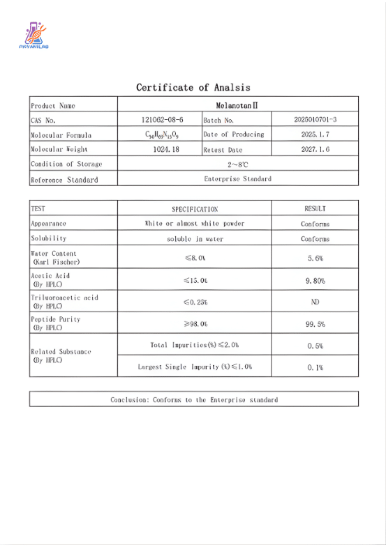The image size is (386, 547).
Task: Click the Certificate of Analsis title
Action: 193,87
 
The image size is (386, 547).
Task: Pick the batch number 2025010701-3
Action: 315,120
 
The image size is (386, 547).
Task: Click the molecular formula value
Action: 158,134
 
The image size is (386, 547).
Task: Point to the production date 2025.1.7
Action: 315,134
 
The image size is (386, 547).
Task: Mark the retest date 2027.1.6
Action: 315,149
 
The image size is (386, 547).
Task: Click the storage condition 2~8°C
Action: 237,164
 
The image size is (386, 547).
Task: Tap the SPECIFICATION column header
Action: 195,209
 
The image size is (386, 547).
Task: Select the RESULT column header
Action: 315,208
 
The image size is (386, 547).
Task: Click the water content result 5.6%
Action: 315,258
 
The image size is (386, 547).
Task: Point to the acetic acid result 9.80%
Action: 315,280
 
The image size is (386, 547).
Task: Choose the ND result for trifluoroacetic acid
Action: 315,302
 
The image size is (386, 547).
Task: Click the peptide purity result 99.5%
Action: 315,324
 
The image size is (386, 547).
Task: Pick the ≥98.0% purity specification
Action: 195,324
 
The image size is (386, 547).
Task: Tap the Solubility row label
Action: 48,238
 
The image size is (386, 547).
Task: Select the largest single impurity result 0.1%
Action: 315,367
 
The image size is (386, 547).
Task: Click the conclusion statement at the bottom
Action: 193,400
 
